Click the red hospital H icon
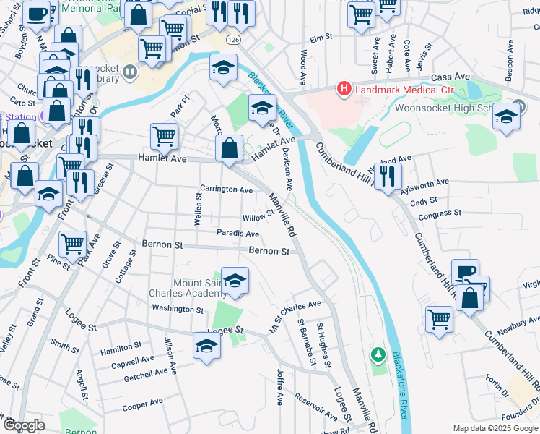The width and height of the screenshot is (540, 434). pyautogui.click(x=344, y=90)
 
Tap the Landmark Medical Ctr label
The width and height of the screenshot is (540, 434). pyautogui.click(x=395, y=90)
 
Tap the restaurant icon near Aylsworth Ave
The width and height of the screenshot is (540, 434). pyautogui.click(x=388, y=176)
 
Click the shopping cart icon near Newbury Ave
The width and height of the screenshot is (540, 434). pyautogui.click(x=438, y=319)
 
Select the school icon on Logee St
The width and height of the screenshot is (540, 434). pyautogui.click(x=206, y=345)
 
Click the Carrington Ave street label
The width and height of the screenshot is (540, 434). pyautogui.click(x=226, y=190)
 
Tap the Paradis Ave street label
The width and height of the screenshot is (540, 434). pyautogui.click(x=238, y=234)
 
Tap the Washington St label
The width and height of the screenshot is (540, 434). pyautogui.click(x=178, y=309)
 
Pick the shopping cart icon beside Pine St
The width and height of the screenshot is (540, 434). pyautogui.click(x=72, y=244)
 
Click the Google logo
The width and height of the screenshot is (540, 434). pyautogui.click(x=24, y=425)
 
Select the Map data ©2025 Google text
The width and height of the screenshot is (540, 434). pyautogui.click(x=495, y=428)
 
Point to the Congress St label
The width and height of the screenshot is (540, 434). pyautogui.click(x=435, y=215)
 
